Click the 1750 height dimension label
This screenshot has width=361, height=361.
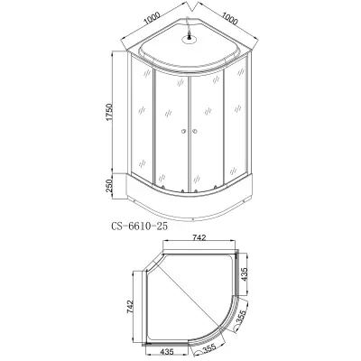pos(109,113)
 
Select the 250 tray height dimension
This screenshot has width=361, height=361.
pos(109,185)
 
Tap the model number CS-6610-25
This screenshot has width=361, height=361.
pos(139,227)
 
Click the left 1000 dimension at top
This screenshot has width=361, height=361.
pos(152,19)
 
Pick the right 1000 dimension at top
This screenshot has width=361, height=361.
pos(229,19)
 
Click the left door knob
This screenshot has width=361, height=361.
pos(183,131)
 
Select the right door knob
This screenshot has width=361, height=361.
pos(195,131)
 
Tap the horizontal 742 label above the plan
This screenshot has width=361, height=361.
pos(199,237)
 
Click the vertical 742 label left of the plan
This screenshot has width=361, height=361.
pos(130,307)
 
